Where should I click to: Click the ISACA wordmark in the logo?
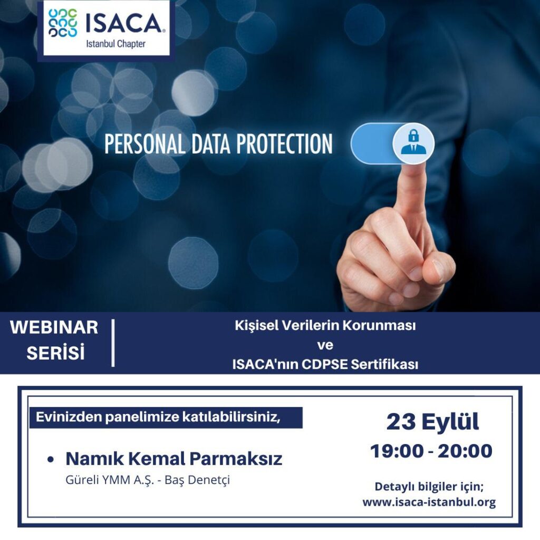point(123,23)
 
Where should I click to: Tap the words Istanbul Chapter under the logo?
point(115,44)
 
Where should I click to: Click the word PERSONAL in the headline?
point(144,144)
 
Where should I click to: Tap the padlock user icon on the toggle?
point(413,142)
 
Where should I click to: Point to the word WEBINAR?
point(54,327)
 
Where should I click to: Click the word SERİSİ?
point(55,352)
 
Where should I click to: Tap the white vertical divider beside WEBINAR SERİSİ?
point(113,343)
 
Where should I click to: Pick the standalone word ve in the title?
point(325,345)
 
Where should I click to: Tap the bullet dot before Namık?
point(51,459)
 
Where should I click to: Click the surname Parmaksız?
point(236,459)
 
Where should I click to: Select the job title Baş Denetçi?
point(197,480)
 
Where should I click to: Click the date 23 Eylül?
point(432,421)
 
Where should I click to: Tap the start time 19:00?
point(397,451)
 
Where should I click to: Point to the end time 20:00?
point(465,451)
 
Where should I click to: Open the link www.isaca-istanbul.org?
point(429,503)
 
